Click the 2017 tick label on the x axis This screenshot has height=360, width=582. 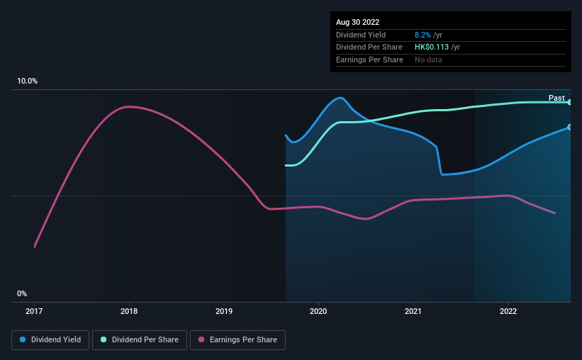point(35,310)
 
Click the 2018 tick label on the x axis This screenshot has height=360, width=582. point(129,310)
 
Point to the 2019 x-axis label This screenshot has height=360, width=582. point(224,310)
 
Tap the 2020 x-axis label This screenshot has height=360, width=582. point(318,310)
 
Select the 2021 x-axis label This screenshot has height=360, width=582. point(413,310)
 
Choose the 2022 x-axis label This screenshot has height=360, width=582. point(508,310)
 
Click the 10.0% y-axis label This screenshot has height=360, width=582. point(27,81)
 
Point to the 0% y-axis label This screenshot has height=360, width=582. point(22,293)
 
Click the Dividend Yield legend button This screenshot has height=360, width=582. point(50,340)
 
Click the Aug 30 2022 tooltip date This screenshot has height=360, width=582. point(358,22)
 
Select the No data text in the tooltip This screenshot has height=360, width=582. point(430,60)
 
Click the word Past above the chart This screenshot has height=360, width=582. point(556,98)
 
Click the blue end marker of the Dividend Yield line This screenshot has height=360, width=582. point(569,127)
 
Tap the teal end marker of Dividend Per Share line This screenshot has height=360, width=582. point(569,102)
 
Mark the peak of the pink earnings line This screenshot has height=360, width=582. point(128,106)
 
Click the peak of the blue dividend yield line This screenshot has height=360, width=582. point(341,98)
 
